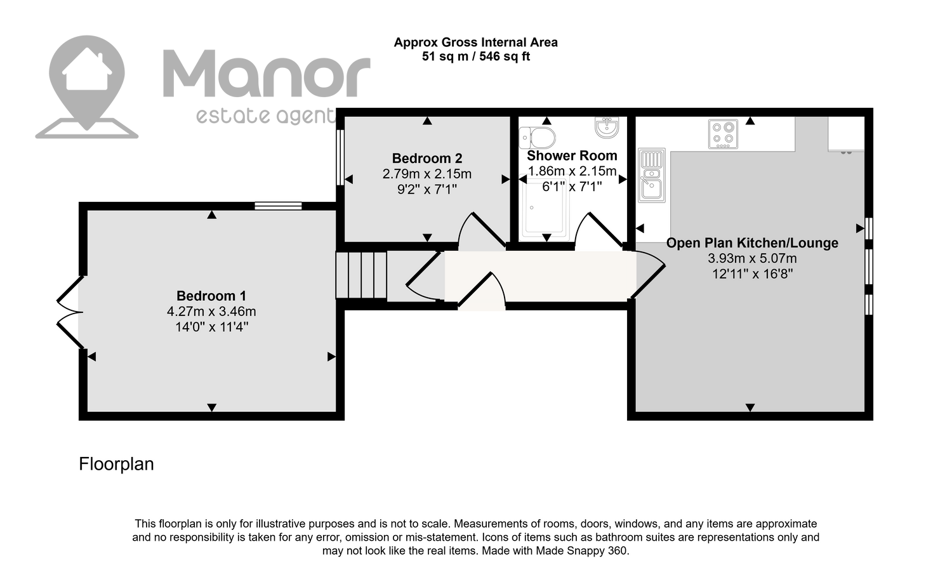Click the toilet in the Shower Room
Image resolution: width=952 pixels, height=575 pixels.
tap(537, 137)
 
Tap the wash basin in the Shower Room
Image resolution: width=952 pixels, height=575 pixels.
tap(607, 127)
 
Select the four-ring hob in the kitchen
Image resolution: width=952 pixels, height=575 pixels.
tap(723, 134)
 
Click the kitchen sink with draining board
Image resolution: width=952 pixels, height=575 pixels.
tap(652, 175)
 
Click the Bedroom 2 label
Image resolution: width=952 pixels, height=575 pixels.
tap(426, 158)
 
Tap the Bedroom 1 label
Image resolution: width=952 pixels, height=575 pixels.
tap(211, 295)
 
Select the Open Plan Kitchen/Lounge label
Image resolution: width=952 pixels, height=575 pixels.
tap(752, 242)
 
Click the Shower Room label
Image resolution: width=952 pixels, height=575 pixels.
tap(572, 155)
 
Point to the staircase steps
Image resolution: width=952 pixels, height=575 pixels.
tap(361, 275)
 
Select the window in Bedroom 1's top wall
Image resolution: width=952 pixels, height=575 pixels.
tap(278, 206)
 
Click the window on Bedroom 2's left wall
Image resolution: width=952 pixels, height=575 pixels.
tap(340, 157)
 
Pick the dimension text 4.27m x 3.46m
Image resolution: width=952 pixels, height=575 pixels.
tap(211, 312)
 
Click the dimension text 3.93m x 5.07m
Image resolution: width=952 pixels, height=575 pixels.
tap(752, 258)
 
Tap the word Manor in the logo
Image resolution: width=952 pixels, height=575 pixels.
tap(267, 74)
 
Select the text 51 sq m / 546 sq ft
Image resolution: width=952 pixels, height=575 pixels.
tap(475, 56)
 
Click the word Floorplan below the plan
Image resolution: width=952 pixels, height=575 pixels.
tap(116, 464)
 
